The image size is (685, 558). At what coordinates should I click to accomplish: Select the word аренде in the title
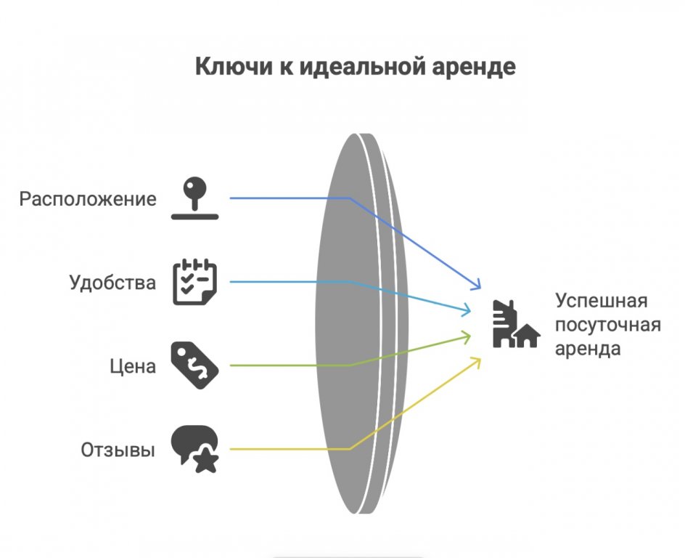click(482, 67)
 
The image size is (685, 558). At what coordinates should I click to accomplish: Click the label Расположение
click(88, 198)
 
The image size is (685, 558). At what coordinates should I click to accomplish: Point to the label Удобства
click(112, 282)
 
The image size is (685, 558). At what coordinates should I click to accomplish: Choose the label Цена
click(133, 366)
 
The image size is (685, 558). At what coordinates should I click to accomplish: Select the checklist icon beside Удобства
click(194, 282)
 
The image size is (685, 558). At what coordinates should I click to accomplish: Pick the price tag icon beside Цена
click(194, 366)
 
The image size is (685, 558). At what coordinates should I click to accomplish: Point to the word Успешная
click(601, 301)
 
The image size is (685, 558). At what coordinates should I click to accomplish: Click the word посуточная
click(608, 324)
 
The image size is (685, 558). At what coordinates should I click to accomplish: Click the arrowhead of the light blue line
click(468, 312)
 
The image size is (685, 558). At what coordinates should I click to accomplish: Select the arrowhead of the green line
click(468, 336)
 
